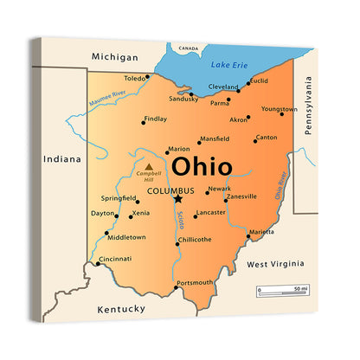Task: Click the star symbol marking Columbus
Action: pos(178,198)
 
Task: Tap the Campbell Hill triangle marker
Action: pos(149,166)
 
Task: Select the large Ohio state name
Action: pos(202,166)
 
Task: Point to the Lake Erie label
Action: pos(228,65)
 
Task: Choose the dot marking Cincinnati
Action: pos(98,264)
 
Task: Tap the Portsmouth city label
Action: pos(194,282)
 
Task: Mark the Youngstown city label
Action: pos(279,110)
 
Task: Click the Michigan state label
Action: pos(115,57)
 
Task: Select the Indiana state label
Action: pos(62,159)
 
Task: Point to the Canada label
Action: pos(188,48)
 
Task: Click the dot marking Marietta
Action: pos(248,236)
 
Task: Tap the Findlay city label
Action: pos(155,119)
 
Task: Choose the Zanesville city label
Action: pos(241,196)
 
